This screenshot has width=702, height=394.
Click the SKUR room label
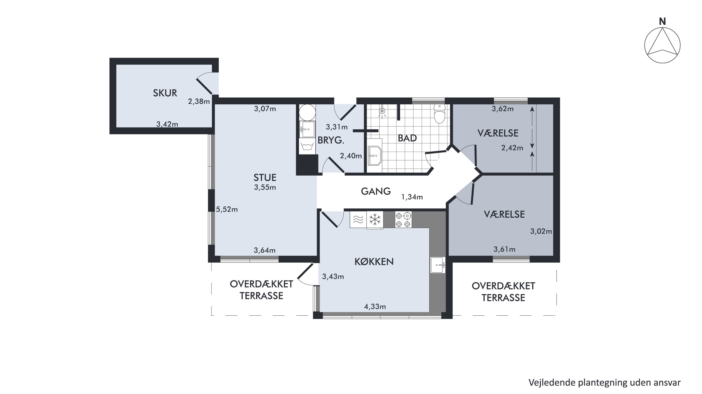[165, 93]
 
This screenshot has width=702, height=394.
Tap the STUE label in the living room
[265, 178]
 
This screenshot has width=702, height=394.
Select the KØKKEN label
[374, 262]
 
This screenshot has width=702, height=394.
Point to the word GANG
[376, 191]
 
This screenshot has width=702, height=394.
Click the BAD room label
[407, 138]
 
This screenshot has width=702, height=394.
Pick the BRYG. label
[331, 140]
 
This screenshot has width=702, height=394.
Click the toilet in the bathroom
[439, 114]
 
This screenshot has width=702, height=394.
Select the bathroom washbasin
[375, 155]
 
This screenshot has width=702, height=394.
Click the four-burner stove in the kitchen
[403, 220]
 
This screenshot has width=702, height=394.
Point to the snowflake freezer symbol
[375, 220]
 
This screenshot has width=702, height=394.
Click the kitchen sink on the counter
[438, 265]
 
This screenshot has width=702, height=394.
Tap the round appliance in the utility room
[307, 112]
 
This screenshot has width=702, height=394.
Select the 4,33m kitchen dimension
[375, 306]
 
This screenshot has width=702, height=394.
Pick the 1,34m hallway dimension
[412, 197]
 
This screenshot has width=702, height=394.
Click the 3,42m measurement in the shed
[167, 124]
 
